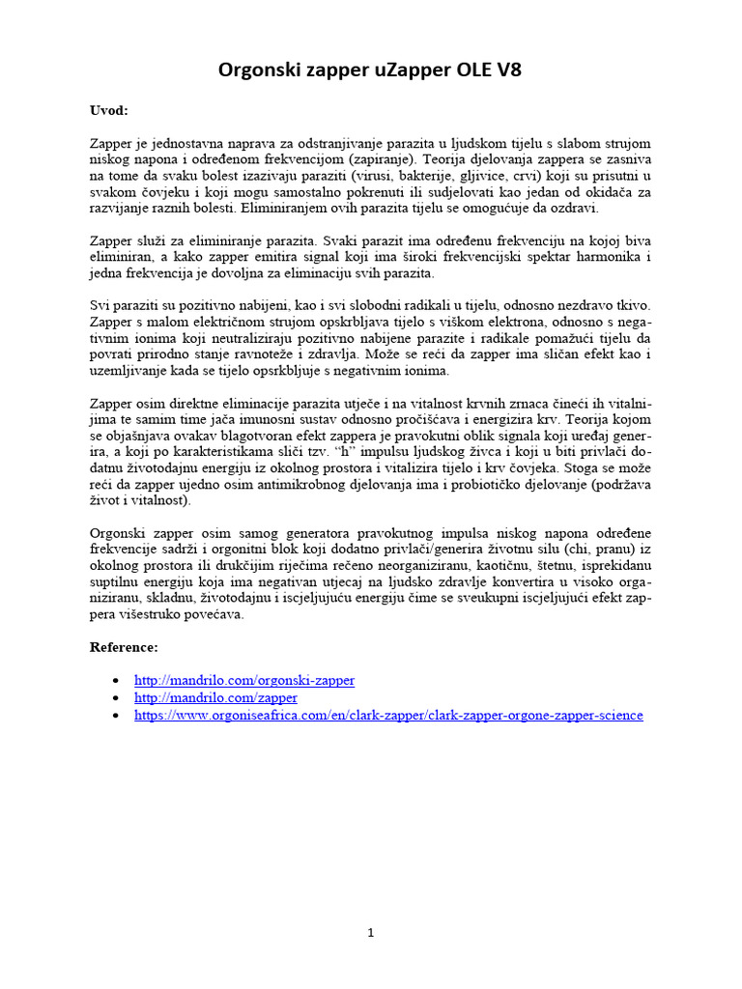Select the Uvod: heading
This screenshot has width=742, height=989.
[108, 111]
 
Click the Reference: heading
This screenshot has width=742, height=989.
[124, 646]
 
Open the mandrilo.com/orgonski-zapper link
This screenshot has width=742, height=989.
[244, 680]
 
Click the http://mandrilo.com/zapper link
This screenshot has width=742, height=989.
[215, 697]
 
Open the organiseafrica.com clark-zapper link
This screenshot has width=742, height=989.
[388, 716]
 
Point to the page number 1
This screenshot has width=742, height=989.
[370, 932]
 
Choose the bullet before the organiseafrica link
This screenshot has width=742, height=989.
[117, 717]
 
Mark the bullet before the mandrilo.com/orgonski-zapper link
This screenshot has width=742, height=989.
[117, 681]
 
